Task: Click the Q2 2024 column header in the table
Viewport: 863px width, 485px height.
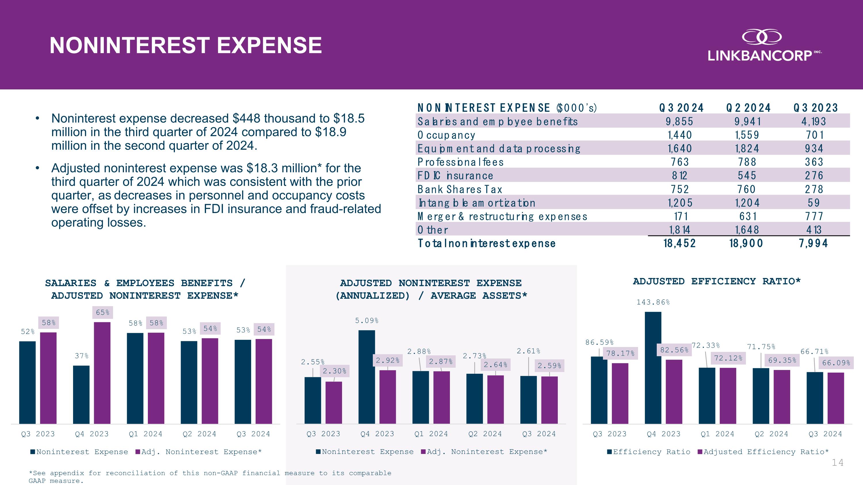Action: [x=748, y=108]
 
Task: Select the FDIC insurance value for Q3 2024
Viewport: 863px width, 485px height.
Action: [x=679, y=175]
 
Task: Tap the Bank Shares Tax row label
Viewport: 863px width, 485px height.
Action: [x=460, y=189]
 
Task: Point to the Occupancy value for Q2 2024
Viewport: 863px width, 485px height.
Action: [x=747, y=135]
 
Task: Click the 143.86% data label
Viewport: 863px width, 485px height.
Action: [x=653, y=302]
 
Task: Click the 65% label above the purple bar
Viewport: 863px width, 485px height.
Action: [x=102, y=312]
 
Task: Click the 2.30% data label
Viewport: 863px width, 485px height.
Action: [x=334, y=371]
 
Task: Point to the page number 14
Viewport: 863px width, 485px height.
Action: [x=837, y=463]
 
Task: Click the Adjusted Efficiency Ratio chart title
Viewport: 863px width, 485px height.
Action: [x=717, y=281]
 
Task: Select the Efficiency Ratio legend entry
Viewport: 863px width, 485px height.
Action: [x=649, y=452]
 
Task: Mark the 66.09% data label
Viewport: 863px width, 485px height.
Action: [x=836, y=363]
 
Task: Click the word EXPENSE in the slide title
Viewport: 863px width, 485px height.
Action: [x=269, y=45]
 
